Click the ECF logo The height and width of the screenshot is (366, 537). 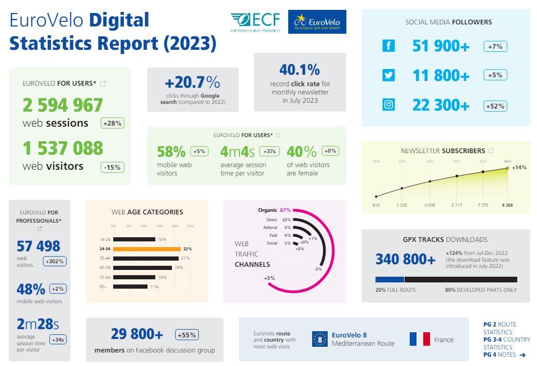tap(255, 22)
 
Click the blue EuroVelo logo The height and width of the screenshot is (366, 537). tap(317, 22)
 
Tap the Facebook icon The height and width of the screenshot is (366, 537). tap(388, 46)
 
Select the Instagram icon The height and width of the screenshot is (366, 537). tap(388, 105)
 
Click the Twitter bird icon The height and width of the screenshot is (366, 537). tap(388, 75)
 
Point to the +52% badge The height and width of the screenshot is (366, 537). tap(495, 105)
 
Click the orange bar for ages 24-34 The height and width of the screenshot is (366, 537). tap(146, 249)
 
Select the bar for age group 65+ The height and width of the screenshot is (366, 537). tap(130, 287)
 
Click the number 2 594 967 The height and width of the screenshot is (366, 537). tap(63, 105)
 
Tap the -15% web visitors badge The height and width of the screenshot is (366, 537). tap(112, 167)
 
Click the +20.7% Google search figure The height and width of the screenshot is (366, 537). tap(193, 83)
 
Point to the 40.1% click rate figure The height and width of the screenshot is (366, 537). tap(300, 70)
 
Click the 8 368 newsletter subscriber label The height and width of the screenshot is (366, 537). tap(507, 206)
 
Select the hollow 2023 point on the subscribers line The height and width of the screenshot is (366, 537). tap(507, 168)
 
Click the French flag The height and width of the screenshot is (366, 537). tap(420, 340)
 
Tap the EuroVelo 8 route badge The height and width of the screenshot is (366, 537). tap(320, 340)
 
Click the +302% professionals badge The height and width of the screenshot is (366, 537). tap(55, 261)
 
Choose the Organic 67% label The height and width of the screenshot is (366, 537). tap(274, 210)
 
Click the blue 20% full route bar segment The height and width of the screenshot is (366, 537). tap(390, 279)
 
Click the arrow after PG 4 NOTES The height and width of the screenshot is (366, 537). tap(522, 355)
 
